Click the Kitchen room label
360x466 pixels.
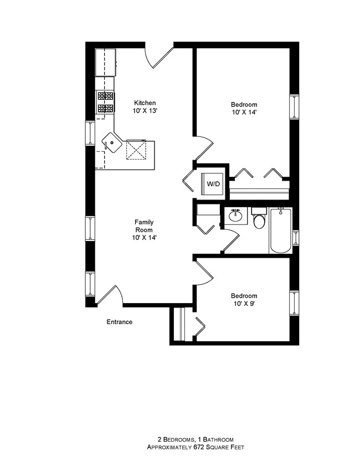145,103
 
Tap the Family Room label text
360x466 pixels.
144,230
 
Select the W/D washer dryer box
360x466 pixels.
212,183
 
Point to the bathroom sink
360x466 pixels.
236,216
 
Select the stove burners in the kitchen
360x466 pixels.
105,103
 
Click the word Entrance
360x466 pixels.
119,322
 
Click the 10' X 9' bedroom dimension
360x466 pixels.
244,304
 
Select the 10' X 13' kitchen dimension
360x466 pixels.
145,111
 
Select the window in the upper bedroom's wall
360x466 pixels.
294,106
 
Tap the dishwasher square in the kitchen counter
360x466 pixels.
136,148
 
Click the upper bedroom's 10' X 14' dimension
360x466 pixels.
244,112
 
